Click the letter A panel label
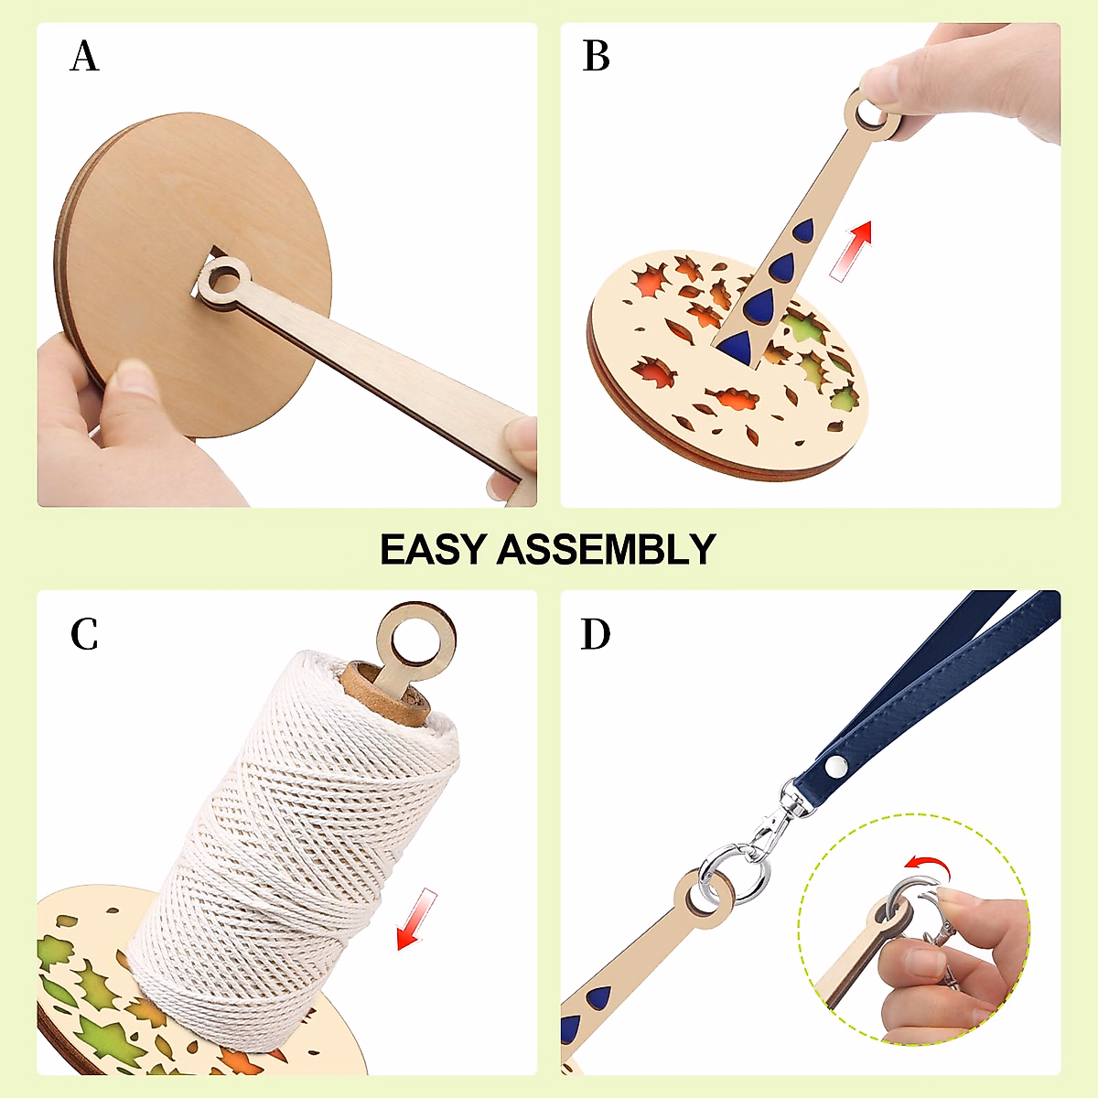[84, 57]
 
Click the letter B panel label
[596, 57]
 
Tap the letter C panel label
[84, 634]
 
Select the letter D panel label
[596, 634]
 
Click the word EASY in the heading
[432, 550]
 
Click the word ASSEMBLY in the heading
[606, 550]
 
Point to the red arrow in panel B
[852, 250]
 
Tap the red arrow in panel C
[417, 920]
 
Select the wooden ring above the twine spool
[416, 631]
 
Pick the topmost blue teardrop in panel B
[805, 231]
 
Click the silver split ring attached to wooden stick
[733, 879]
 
